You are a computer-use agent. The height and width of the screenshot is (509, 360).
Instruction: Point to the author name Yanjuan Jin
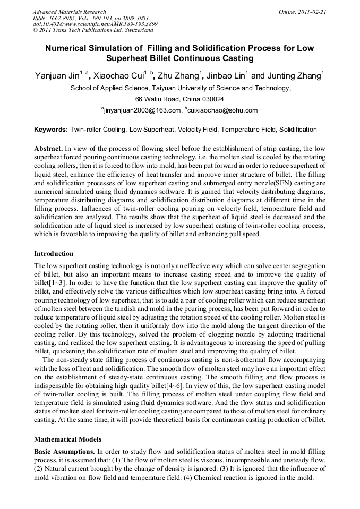57,76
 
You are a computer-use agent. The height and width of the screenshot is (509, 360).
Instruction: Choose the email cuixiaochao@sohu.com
223,110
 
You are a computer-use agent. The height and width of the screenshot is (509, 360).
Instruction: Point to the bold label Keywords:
51,130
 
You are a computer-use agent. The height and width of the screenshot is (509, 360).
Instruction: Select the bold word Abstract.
48,149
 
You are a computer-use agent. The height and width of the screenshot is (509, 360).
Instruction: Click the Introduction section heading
54,254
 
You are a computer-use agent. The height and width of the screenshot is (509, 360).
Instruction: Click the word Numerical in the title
67,48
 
